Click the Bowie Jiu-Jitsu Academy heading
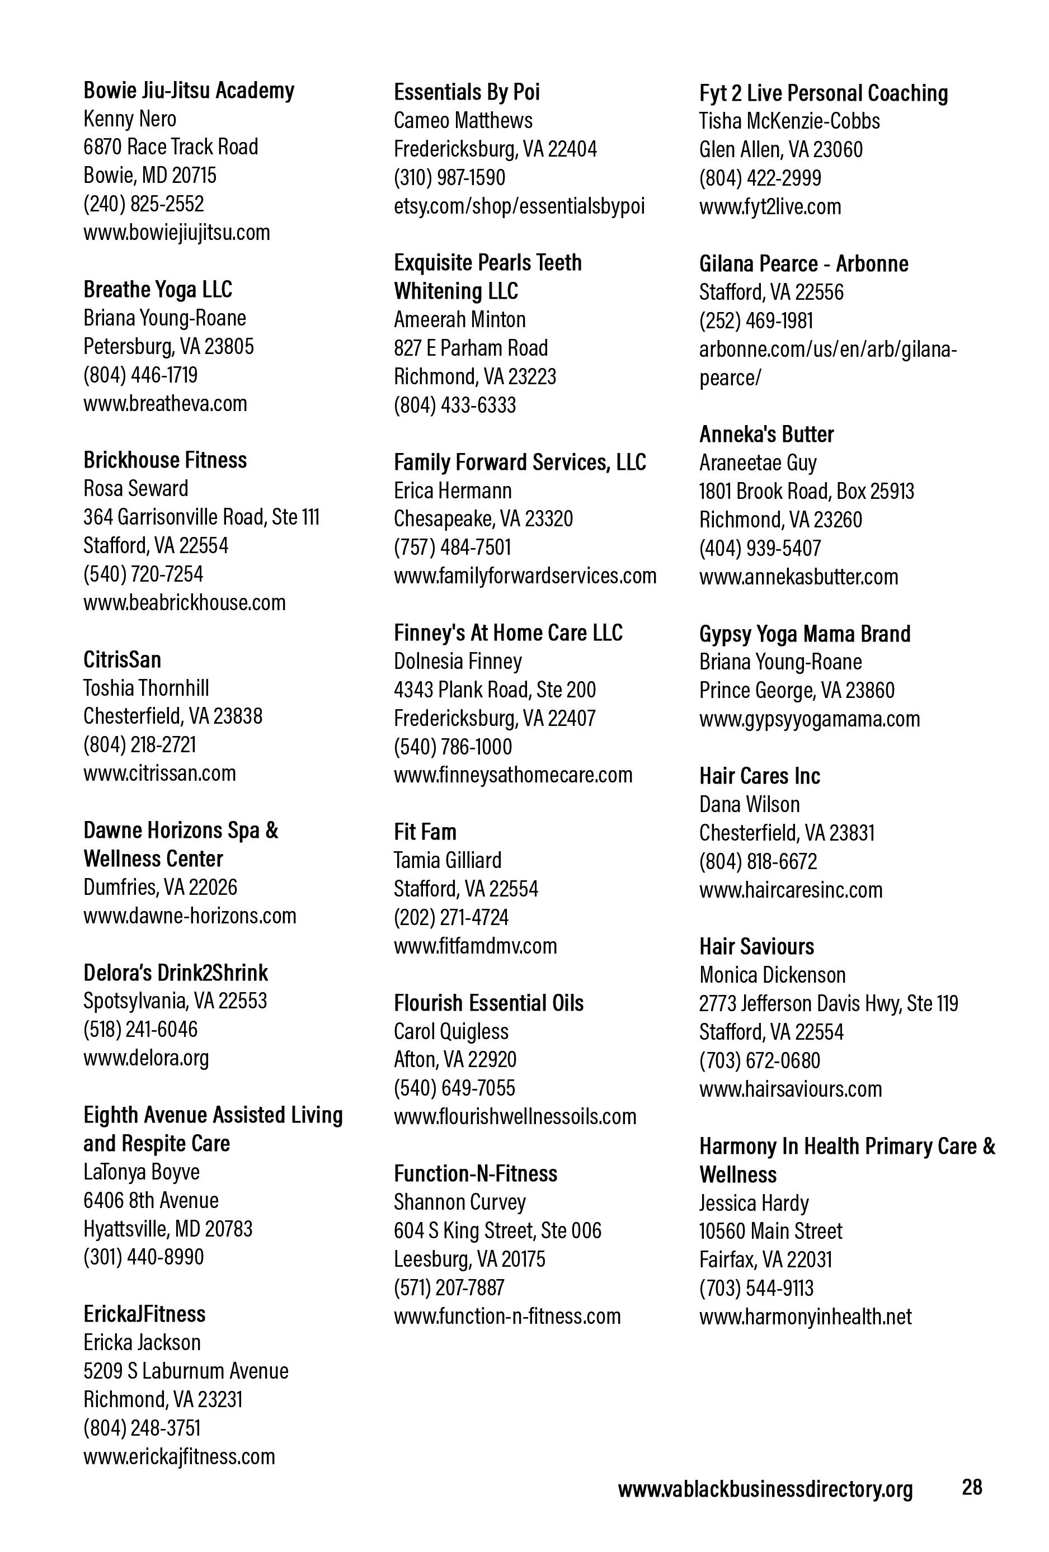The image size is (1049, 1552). [189, 90]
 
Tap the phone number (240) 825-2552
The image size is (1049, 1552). [144, 204]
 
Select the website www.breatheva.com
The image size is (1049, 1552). [165, 403]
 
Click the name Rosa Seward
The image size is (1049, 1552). [135, 488]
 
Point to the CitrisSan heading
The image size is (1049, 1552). [123, 660]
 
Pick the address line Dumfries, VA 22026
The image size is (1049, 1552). [161, 887]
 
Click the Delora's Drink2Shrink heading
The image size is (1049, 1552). [176, 973]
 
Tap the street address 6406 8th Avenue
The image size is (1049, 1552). [151, 1200]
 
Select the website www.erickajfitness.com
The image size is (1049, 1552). [179, 1456]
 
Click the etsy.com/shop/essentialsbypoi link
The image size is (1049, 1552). [519, 206]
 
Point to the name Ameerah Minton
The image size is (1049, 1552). [460, 319]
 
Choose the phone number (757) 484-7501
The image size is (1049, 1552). [453, 547]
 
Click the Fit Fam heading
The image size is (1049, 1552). [425, 832]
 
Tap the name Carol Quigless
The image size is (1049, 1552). [451, 1031]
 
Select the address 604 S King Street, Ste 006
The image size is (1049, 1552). [497, 1230]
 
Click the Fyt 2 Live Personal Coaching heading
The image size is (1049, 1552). [823, 93]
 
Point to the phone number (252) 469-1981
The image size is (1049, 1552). [756, 320]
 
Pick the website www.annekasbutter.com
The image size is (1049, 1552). [798, 576]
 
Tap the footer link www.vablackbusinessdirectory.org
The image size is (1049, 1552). [765, 1489]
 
